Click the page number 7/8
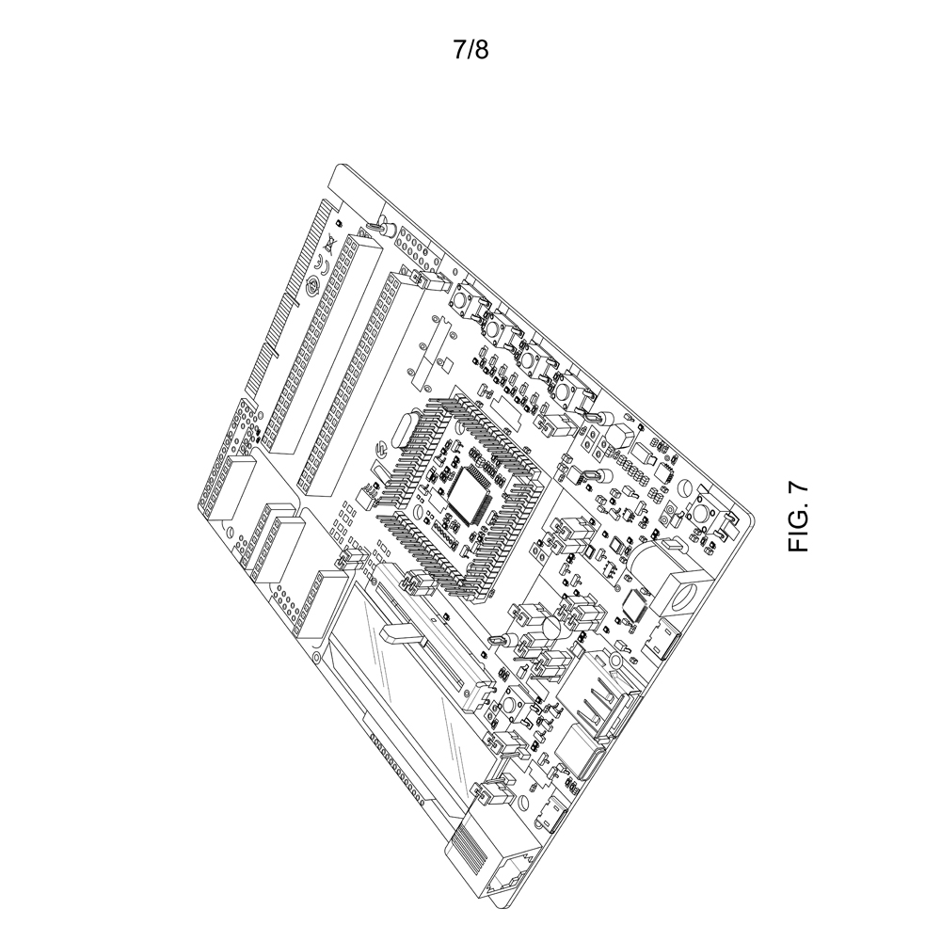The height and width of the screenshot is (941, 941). coord(470,50)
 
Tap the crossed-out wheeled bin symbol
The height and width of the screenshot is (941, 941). coord(329,245)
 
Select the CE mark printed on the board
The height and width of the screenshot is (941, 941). coord(321,264)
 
